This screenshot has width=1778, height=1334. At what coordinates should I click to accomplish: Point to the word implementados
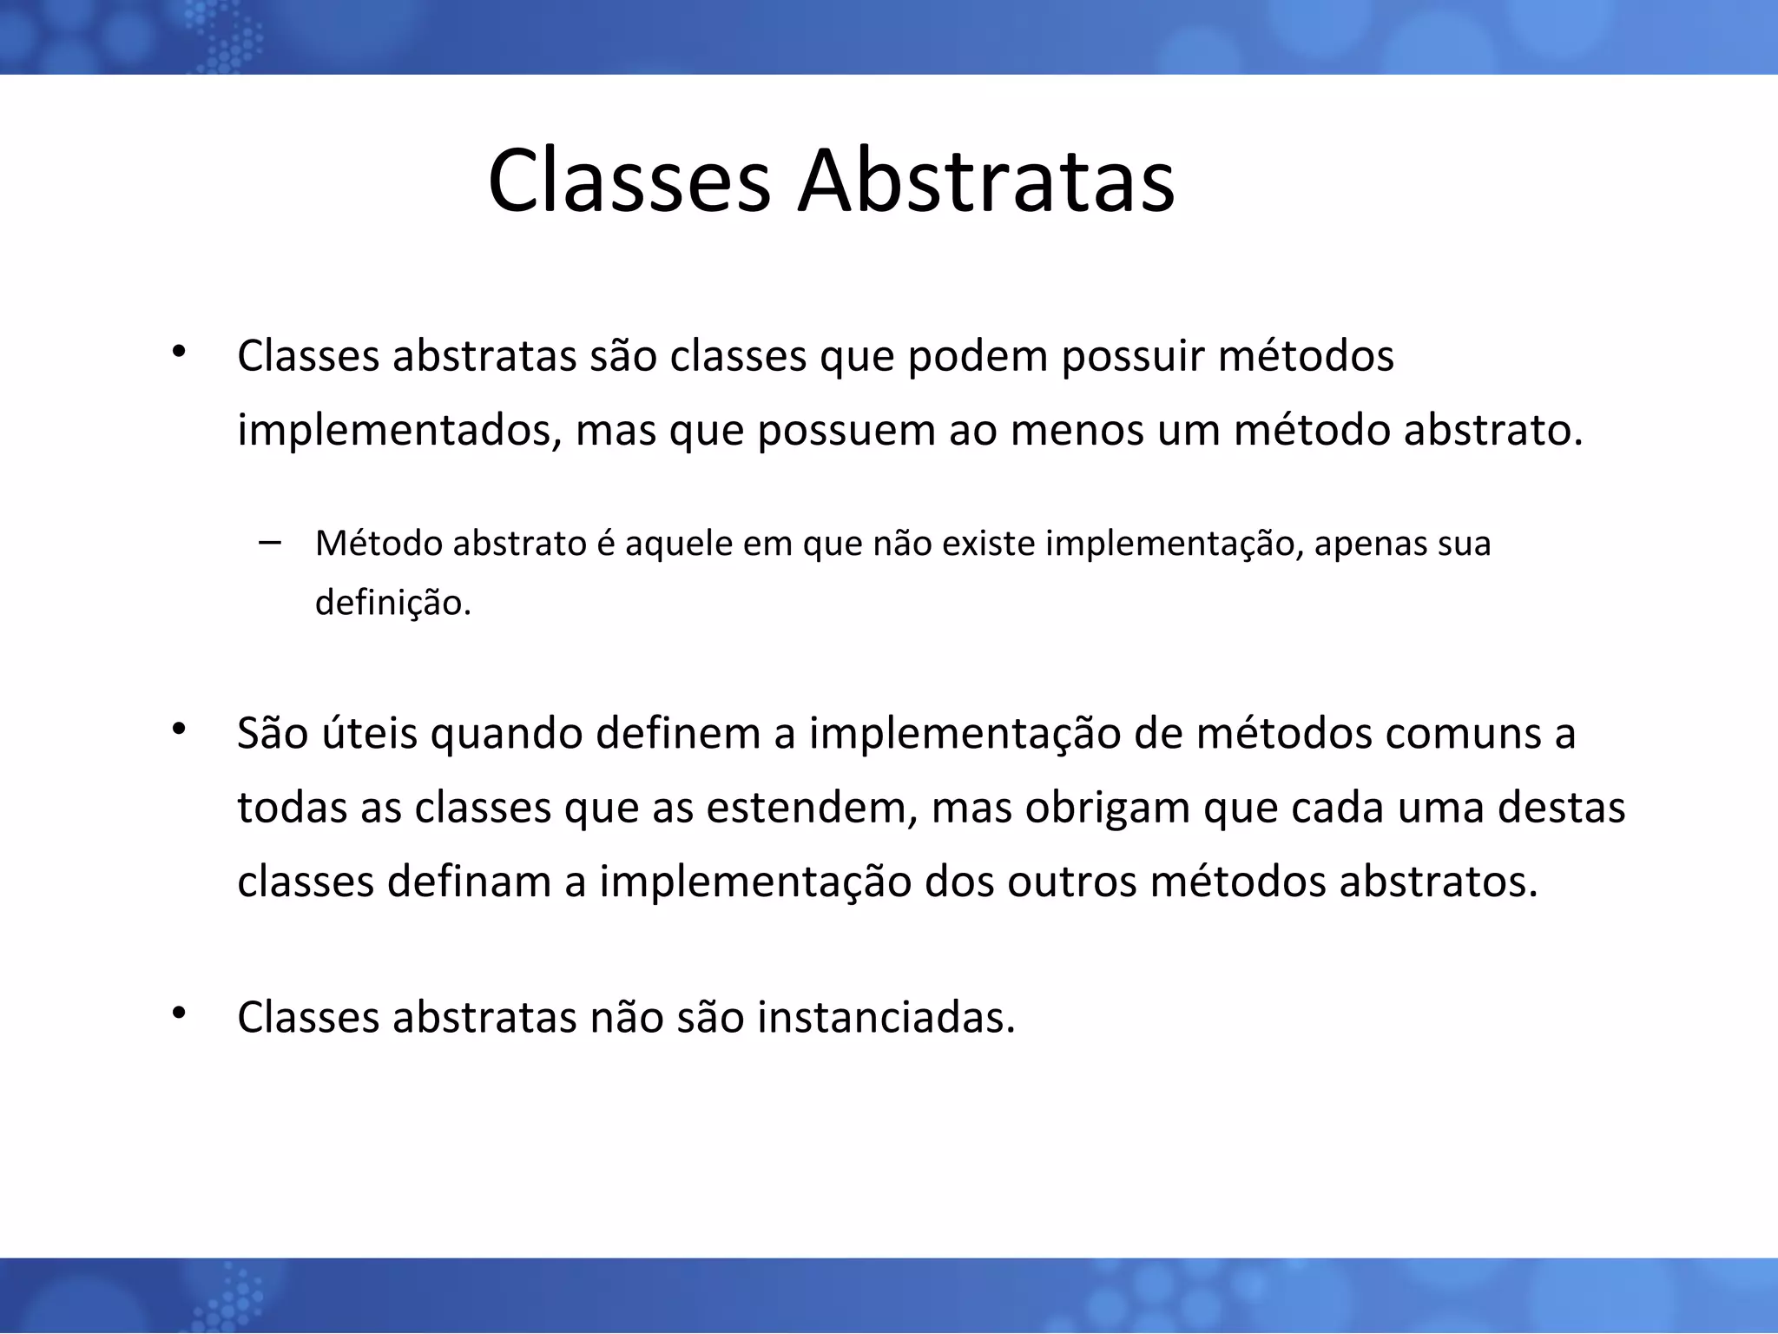click(x=398, y=432)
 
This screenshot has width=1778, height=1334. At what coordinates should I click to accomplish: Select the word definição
click(x=392, y=603)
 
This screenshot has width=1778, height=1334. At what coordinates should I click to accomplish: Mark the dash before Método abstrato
click(x=269, y=543)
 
